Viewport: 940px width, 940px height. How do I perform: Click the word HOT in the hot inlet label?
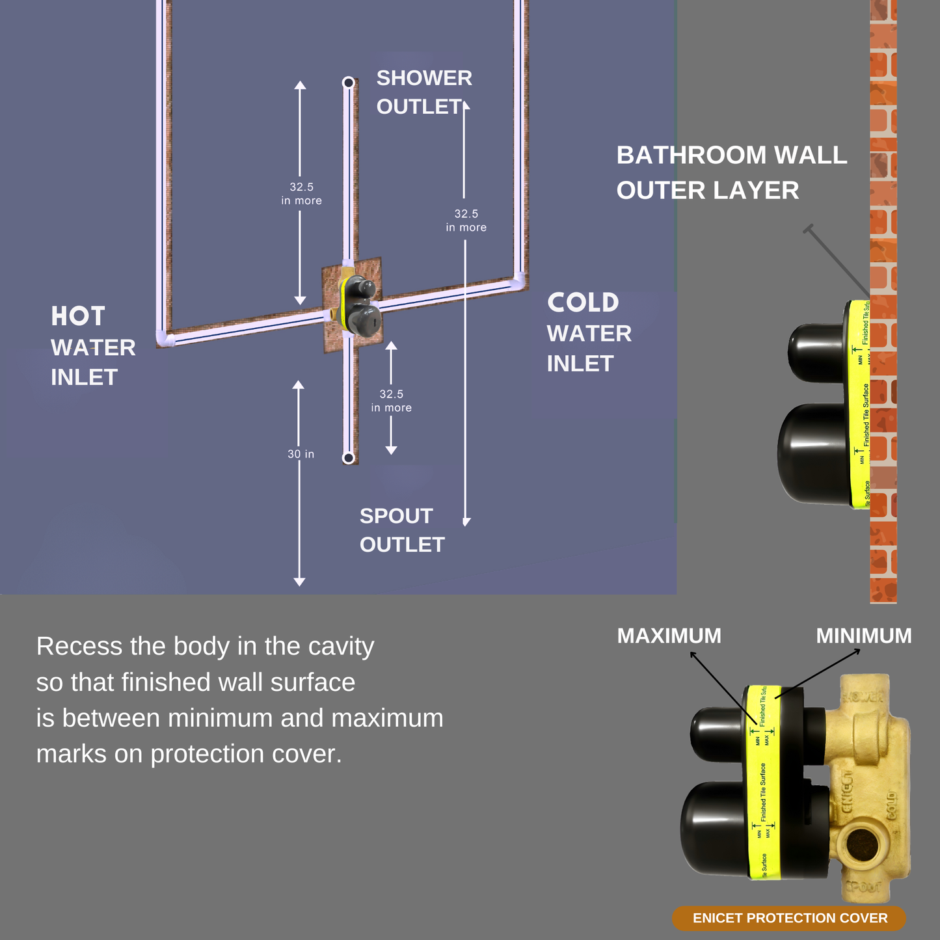(x=78, y=317)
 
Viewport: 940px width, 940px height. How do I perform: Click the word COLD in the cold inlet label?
(x=583, y=302)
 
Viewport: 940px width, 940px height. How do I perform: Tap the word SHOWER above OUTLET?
(x=424, y=78)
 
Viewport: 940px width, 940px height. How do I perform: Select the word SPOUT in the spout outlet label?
(x=396, y=516)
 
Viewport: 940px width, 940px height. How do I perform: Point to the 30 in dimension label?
(x=301, y=454)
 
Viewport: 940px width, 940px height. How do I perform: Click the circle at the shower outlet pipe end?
(x=349, y=83)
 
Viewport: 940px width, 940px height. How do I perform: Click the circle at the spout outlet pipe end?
(x=349, y=458)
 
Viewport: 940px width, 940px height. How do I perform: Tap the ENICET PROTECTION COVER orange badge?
(x=789, y=918)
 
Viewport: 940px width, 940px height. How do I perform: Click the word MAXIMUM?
(x=669, y=636)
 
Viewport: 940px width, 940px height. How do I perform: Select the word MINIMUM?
(x=863, y=636)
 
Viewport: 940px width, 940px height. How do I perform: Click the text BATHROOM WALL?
(x=731, y=155)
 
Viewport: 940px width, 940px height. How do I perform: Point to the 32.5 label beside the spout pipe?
(x=391, y=394)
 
